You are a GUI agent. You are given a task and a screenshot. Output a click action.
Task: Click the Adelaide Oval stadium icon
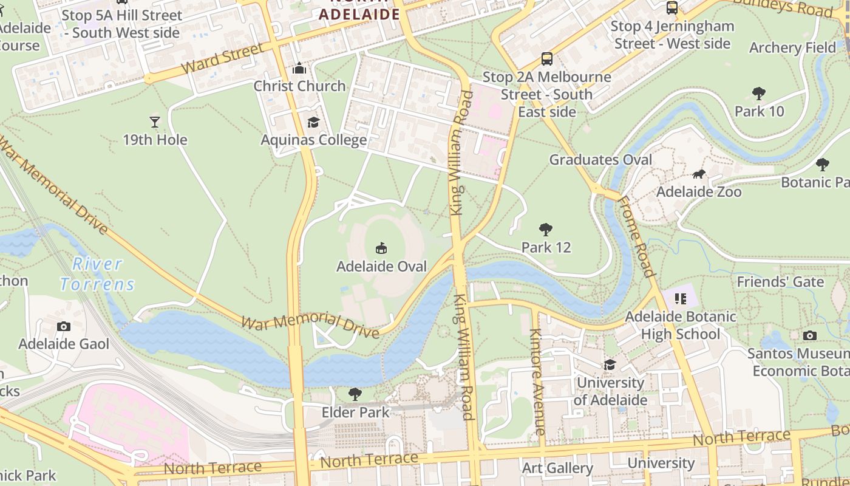click(381, 248)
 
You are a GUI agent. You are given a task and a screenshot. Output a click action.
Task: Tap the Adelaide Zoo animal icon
click(699, 175)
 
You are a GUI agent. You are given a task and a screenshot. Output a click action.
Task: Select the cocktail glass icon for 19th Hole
click(155, 122)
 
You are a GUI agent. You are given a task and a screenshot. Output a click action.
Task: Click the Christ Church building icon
click(299, 69)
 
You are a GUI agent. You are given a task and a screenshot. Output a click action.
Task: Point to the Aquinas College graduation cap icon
click(313, 123)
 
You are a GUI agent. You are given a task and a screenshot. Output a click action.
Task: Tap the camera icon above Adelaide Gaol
click(64, 327)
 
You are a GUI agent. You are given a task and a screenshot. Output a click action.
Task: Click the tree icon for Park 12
click(546, 230)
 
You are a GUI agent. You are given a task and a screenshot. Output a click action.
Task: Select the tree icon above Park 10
click(758, 94)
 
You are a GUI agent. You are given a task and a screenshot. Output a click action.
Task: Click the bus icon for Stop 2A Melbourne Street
click(547, 59)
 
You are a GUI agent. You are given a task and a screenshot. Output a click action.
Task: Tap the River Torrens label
click(97, 274)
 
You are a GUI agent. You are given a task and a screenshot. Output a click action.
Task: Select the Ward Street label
click(222, 58)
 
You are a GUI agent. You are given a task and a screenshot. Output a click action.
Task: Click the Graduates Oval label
click(600, 160)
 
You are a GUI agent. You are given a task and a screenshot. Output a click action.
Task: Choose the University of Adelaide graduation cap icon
click(610, 364)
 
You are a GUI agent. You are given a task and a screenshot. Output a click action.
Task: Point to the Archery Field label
click(792, 47)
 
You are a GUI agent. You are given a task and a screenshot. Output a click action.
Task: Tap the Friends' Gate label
click(780, 282)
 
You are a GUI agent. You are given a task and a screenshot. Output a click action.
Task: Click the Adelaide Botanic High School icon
click(680, 298)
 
